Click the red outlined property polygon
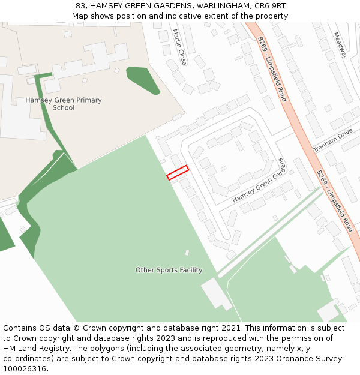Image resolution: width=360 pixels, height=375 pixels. point(178,172)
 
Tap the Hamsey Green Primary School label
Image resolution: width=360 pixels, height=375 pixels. point(64,104)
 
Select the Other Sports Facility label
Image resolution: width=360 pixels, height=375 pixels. point(169,270)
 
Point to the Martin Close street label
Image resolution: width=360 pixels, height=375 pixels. point(179,47)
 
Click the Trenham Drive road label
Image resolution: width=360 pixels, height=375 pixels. point(333,141)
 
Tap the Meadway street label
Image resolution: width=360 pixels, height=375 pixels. point(340,45)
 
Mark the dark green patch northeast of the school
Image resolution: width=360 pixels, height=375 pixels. point(143,80)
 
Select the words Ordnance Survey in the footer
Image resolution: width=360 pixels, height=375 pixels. point(310,358)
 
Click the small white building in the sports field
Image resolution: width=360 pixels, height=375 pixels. point(187,253)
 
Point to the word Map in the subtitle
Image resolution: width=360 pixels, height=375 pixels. point(80,16)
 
